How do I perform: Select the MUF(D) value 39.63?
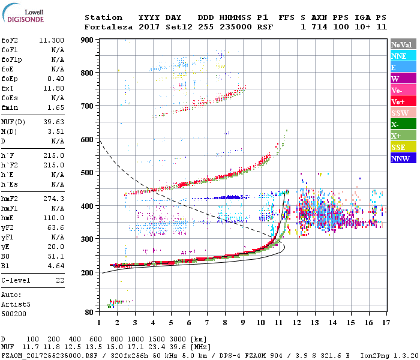(x=54, y=122)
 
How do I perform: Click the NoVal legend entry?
(x=401, y=44)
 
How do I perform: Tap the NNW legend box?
(x=401, y=158)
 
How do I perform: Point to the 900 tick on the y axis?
(x=88, y=40)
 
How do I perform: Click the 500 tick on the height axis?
(x=88, y=173)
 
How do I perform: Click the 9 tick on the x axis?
(x=242, y=323)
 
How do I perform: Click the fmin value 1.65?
(x=56, y=107)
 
